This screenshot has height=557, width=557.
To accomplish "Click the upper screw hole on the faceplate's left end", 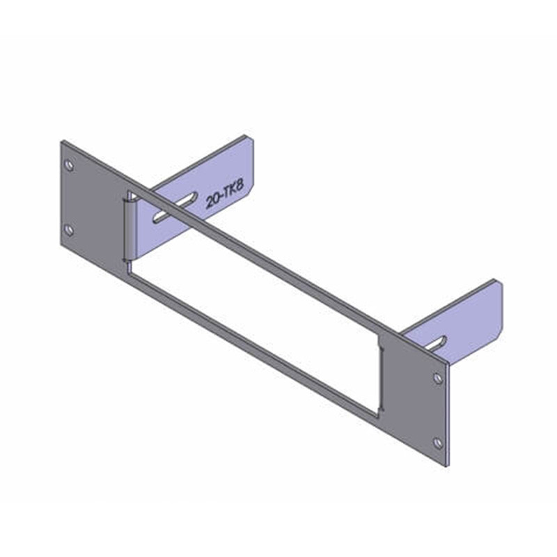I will tap(68, 166).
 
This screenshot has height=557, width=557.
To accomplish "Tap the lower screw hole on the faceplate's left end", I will tap(68, 230).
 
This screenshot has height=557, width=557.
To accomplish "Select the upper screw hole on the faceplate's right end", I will tap(437, 378).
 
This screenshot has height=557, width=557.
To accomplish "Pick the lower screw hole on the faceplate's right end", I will tap(437, 442).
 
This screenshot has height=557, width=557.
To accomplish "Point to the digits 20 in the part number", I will tap(213, 203).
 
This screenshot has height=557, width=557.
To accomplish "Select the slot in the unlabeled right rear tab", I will tap(438, 343).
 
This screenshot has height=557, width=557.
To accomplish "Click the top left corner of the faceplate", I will tap(62, 141).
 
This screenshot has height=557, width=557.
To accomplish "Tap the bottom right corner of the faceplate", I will tap(446, 467).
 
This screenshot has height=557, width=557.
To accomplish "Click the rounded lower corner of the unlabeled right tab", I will tap(499, 331).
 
